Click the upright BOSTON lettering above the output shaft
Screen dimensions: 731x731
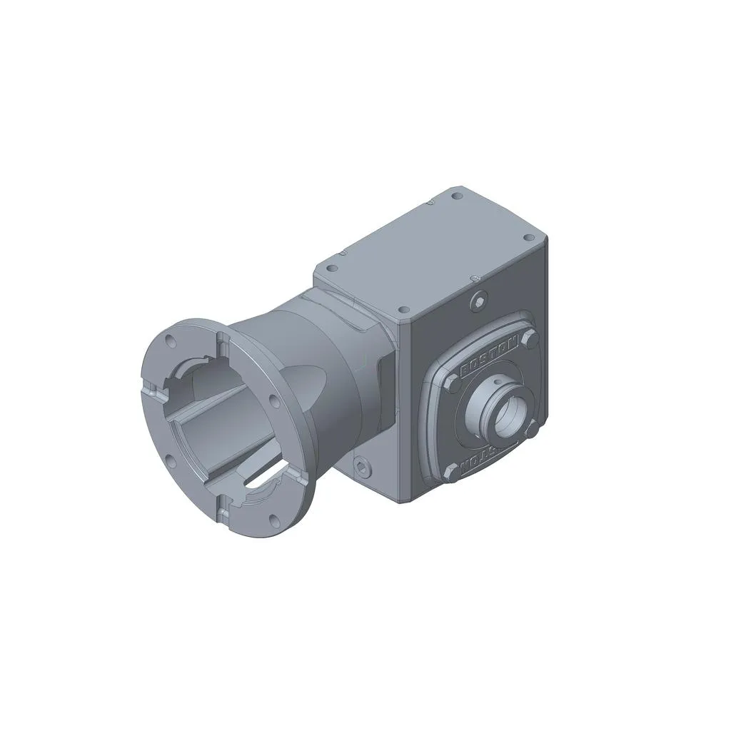tap(490, 357)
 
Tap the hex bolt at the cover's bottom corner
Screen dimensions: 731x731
tap(450, 471)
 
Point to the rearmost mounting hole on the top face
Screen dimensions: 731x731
tap(456, 195)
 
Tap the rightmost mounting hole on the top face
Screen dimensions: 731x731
tap(528, 238)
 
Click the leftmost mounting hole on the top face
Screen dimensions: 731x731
tap(331, 269)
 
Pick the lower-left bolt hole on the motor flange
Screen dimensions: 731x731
tap(169, 460)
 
